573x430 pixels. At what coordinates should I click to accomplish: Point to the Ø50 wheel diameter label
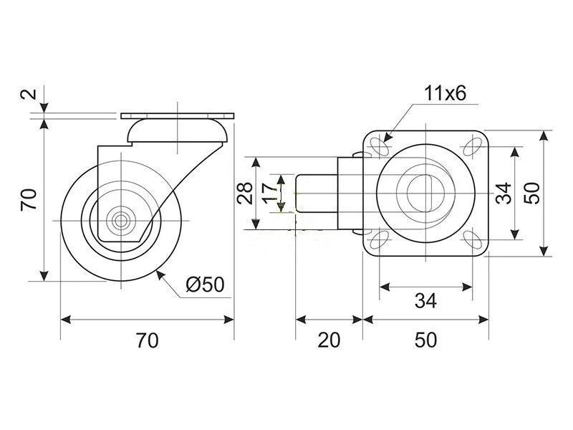tap(205, 285)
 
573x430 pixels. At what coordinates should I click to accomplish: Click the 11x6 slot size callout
tap(445, 94)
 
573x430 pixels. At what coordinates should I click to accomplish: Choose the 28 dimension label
tap(245, 193)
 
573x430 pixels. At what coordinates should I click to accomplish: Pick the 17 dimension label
tap(271, 193)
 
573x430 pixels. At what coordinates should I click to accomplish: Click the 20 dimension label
tap(329, 340)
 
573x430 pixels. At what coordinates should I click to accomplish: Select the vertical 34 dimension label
tap(504, 193)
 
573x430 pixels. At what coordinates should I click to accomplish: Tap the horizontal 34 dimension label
tap(425, 301)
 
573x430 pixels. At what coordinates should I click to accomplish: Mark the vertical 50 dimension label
tap(531, 193)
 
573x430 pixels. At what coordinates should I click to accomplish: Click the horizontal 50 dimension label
tap(425, 340)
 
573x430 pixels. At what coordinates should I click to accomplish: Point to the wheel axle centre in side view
tap(120, 221)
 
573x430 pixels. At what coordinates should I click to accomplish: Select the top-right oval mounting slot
tap(472, 147)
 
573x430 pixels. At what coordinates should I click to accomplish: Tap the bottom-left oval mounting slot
tap(380, 239)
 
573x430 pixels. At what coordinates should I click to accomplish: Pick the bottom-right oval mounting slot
tap(473, 240)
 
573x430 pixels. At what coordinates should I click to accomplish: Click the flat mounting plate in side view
tap(177, 116)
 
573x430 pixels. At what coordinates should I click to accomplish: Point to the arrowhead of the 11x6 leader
tap(387, 138)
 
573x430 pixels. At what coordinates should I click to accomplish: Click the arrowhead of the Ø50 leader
tap(160, 274)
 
